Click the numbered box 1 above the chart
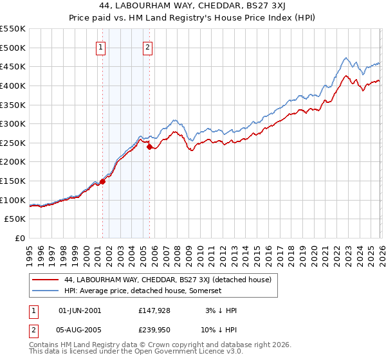[x=102, y=47]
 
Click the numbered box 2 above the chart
[x=148, y=47]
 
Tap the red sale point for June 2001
[x=102, y=181]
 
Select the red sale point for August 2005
[x=149, y=147]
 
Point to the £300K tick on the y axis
[x=13, y=123]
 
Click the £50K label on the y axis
[x=15, y=219]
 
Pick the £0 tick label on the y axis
[x=19, y=239]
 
